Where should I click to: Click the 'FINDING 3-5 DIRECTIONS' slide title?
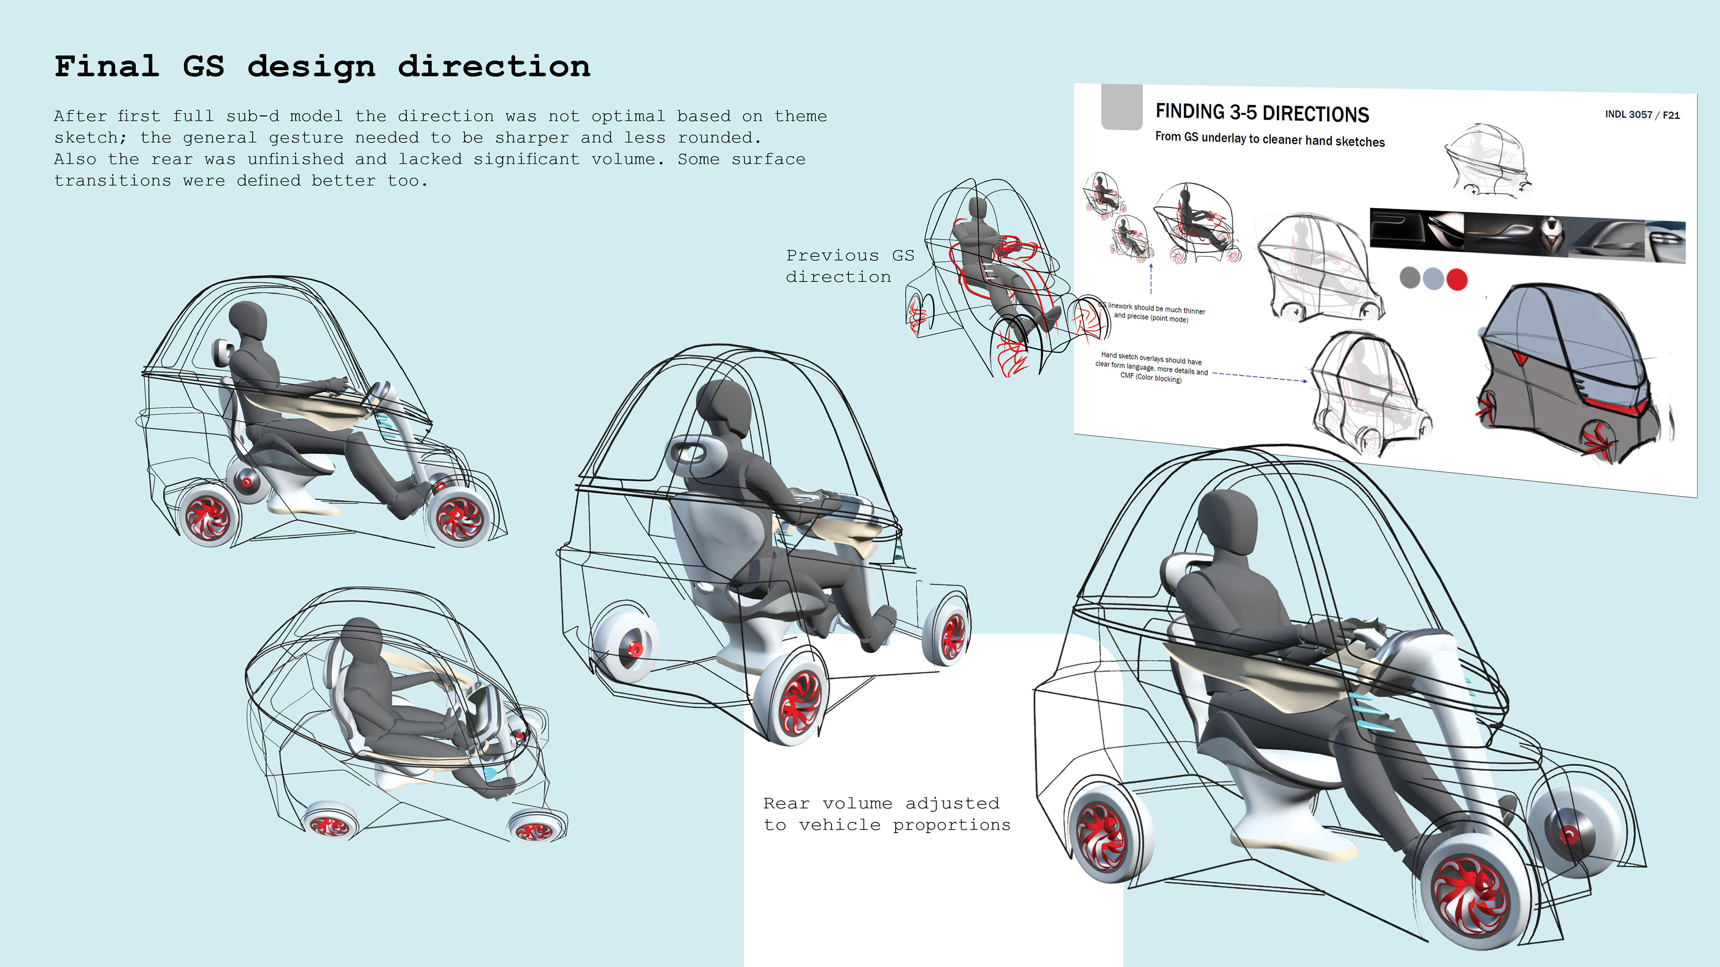tap(1262, 113)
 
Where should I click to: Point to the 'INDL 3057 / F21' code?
tap(1642, 115)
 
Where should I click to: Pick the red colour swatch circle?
tap(1457, 279)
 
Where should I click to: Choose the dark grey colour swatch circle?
tap(1410, 277)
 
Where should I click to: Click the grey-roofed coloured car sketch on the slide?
tap(1569, 374)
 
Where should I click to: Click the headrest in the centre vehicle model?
tap(694, 454)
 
